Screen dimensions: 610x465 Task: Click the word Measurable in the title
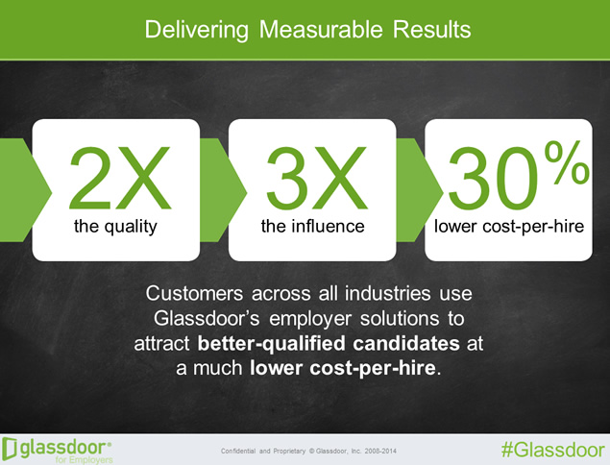(322, 29)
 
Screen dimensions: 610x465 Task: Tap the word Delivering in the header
(197, 31)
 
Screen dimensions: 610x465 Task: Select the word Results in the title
(432, 29)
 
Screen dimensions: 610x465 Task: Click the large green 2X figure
(120, 178)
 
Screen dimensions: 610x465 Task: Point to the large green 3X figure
(316, 178)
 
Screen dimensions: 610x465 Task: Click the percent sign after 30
(567, 162)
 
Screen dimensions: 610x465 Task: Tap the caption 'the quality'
(115, 227)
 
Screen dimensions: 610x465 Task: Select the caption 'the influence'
(313, 226)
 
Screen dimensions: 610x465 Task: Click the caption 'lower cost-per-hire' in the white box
(509, 227)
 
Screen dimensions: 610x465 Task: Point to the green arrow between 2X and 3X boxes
(223, 190)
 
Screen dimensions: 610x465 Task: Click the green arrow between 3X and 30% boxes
(420, 190)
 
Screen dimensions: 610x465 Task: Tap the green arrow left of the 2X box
(23, 190)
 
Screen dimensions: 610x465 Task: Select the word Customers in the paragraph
(194, 293)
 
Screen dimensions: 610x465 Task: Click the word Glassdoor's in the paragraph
(207, 318)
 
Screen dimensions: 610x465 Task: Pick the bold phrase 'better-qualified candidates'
(329, 344)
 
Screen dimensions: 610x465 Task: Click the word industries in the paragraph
(387, 293)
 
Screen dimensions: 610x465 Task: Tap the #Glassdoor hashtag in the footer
(552, 451)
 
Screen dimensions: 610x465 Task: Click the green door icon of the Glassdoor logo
(10, 449)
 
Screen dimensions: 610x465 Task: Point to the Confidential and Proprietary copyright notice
(308, 451)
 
